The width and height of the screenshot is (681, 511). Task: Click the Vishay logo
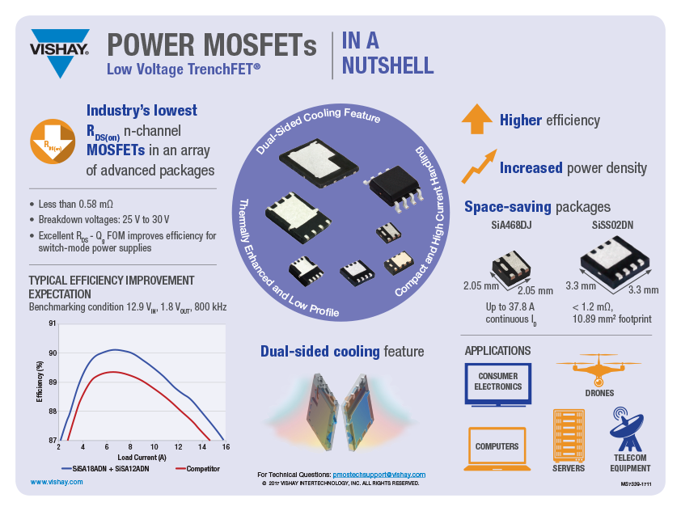point(59,51)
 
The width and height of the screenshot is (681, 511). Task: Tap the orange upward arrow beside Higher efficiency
point(476,119)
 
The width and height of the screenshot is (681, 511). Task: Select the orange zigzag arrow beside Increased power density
point(477,166)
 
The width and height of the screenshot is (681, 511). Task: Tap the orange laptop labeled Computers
point(497,447)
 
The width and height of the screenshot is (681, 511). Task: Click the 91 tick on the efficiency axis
point(53,324)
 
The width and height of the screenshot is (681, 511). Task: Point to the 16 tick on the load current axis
point(226,446)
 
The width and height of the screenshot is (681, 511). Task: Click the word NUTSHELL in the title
point(388,65)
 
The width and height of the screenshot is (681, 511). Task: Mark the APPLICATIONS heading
point(497,351)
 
